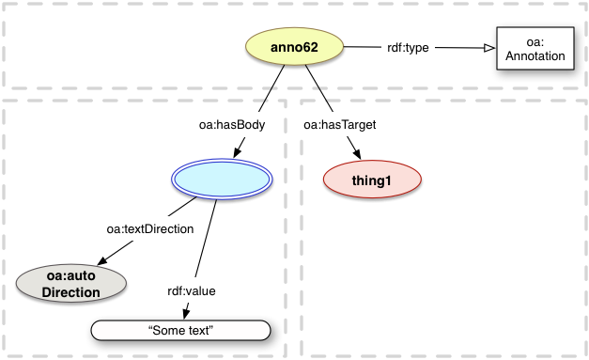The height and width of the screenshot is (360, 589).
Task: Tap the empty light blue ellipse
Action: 223,178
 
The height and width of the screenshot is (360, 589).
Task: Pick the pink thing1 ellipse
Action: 371,180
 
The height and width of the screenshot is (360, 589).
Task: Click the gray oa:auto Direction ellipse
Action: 71,284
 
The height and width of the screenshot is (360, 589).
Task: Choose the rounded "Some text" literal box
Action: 182,330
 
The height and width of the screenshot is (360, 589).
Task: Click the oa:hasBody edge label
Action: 224,124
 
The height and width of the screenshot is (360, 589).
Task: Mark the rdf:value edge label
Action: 191,290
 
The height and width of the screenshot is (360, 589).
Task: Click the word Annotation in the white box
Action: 533,56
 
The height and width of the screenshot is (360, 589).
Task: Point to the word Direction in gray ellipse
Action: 71,292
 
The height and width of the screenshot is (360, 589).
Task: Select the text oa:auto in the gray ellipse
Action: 71,275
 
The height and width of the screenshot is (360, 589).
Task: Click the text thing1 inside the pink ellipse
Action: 371,180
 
